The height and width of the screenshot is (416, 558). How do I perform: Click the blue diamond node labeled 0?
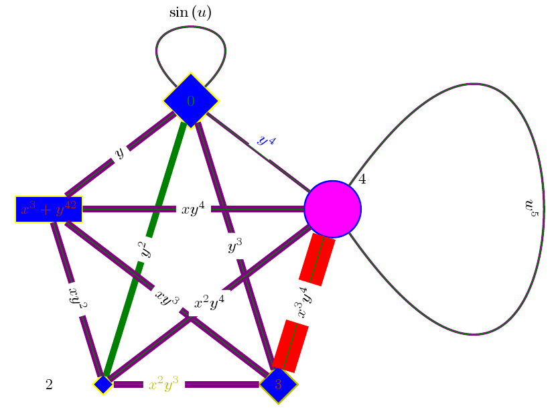tap(191, 100)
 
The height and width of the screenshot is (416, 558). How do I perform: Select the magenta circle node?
tap(333, 209)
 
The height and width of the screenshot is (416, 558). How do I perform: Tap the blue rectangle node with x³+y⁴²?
tap(49, 209)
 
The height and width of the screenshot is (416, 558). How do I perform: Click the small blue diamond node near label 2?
tap(102, 384)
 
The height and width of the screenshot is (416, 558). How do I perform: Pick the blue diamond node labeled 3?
tap(278, 384)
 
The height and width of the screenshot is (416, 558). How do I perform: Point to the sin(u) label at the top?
tap(190, 13)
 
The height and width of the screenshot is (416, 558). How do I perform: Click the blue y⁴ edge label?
tap(267, 141)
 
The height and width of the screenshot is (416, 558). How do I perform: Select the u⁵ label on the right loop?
tap(531, 208)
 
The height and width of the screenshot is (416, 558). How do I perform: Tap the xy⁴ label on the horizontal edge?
tap(193, 209)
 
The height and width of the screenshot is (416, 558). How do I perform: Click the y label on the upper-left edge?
tap(119, 153)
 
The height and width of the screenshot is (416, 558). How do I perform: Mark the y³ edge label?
tap(235, 247)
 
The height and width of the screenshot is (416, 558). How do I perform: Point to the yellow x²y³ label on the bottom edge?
tap(163, 385)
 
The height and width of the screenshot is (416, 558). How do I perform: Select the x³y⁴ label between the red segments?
tap(302, 303)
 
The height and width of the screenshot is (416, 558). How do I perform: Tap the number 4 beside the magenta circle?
tap(362, 179)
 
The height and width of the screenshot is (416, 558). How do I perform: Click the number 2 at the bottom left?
tap(49, 385)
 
